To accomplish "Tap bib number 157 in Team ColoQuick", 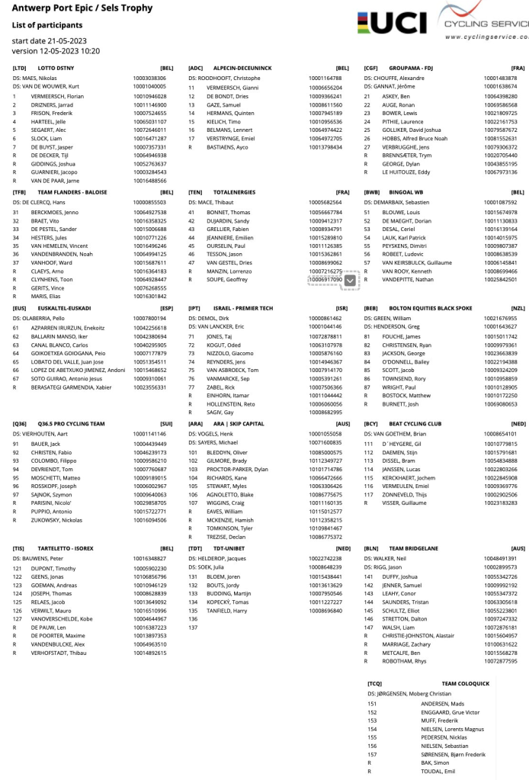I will (x=372, y=754).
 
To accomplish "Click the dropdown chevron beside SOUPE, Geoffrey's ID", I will (x=349, y=281).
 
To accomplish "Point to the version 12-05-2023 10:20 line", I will (x=56, y=51).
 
